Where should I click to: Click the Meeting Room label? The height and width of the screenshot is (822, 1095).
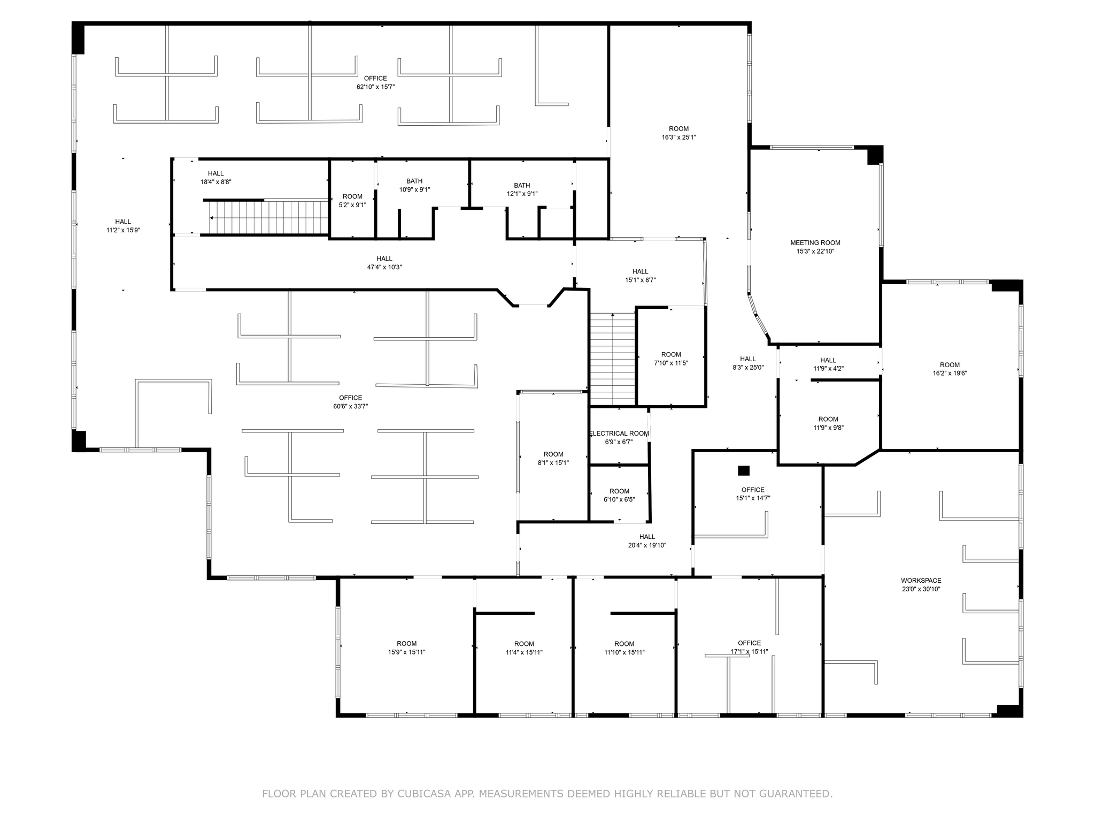tap(815, 243)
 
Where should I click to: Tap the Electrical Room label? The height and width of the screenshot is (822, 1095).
tap(619, 433)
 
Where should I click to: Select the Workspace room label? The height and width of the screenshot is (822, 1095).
tap(921, 581)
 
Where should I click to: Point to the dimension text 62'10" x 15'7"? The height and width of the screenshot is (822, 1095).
tap(375, 87)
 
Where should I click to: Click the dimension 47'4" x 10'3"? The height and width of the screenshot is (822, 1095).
tap(384, 267)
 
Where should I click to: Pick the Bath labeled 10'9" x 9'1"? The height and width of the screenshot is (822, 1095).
tap(414, 185)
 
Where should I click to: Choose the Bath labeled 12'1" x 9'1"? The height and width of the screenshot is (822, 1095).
tap(522, 189)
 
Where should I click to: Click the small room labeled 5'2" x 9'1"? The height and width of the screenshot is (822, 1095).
tap(352, 200)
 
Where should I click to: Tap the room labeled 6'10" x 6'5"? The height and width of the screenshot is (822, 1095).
tap(619, 495)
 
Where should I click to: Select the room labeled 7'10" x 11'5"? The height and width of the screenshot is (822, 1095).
tap(671, 359)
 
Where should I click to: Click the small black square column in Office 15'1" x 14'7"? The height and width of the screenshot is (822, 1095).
tap(743, 470)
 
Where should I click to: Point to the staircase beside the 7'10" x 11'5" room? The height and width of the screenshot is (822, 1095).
tap(612, 359)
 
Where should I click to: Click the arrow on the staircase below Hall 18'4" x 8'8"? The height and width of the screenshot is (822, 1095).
tap(213, 218)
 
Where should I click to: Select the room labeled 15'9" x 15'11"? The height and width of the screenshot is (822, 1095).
tap(406, 648)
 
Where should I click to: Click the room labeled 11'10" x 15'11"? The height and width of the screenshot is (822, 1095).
tap(624, 648)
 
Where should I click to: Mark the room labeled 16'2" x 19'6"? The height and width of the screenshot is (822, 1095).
tap(950, 369)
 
